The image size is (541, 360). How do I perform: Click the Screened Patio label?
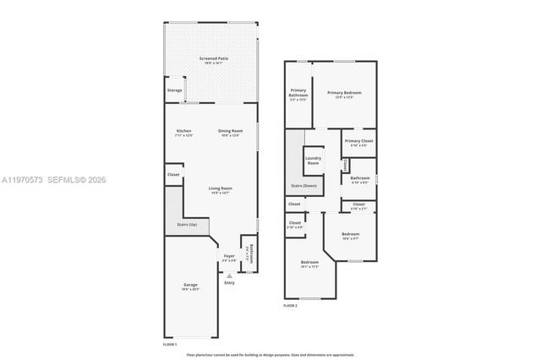coord(213,59)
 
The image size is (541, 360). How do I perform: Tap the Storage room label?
coord(174,90)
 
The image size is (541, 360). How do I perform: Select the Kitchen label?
coord(183,132)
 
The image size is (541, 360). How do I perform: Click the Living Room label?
coord(221,189)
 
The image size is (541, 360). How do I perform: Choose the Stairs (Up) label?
coord(187,224)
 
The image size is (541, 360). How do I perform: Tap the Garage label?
coord(190,286)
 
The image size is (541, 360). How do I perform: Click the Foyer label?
coord(229,257)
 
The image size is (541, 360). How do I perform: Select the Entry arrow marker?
coord(229,275)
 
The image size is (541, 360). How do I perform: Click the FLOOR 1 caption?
coord(170,344)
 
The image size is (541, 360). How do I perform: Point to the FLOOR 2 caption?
coord(290,305)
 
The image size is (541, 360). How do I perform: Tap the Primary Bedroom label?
coord(344,94)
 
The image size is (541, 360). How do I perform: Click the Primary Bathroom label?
coord(298,94)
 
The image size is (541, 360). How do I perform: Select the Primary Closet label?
coord(359,143)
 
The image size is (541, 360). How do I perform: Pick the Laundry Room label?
coord(313,160)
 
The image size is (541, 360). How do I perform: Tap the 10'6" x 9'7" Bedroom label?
coord(350,235)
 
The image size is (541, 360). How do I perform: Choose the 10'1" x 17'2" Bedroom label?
coord(310,264)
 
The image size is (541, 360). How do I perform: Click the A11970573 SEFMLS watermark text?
coord(56,180)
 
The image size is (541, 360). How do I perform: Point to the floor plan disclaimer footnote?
coord(270,356)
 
